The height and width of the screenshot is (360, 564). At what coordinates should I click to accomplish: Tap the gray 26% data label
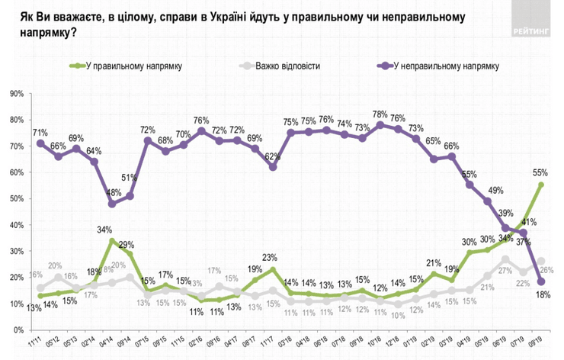click(546, 272)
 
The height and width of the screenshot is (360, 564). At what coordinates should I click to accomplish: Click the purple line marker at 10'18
click(380, 125)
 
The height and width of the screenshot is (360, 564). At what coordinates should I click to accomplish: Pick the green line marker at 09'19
click(540, 185)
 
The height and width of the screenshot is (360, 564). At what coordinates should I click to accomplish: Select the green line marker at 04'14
click(112, 241)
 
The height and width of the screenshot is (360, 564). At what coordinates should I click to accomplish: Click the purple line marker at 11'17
click(272, 167)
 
